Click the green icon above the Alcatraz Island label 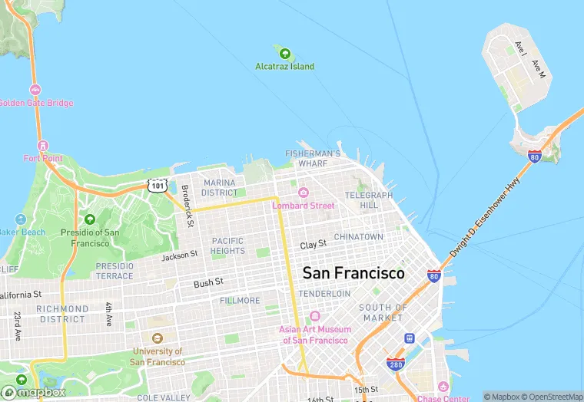coord(285,54)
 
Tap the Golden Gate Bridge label coord(36,103)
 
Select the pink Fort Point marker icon coord(42,146)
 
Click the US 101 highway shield coord(157,186)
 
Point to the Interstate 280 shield coord(396,364)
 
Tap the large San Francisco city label coord(353,273)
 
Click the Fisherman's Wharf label coord(313,159)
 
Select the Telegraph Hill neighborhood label coord(368,200)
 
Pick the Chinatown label coord(358,237)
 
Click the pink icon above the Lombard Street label coord(304,193)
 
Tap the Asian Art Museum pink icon coord(314,317)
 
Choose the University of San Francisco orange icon coord(158,338)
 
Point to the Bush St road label coord(208,283)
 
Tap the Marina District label coord(220,187)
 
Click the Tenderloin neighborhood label coord(324,294)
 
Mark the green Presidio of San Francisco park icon coord(90,219)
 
